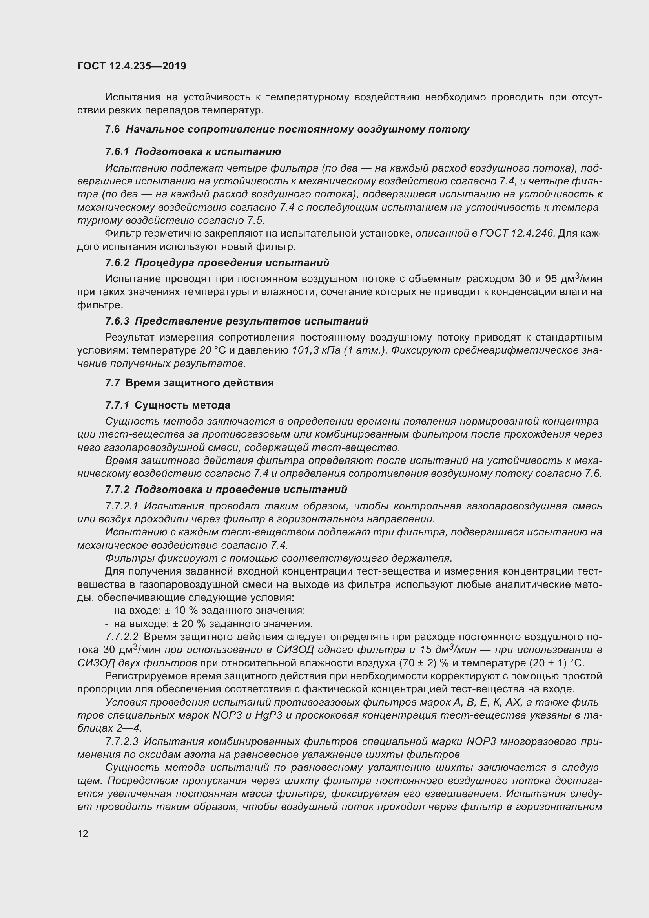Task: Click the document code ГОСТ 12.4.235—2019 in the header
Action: pos(131,66)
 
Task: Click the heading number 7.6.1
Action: pos(117,152)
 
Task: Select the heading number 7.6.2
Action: pos(117,263)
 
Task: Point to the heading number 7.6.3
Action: pos(117,321)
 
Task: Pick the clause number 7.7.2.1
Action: pos(122,506)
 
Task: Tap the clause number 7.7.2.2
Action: pos(122,637)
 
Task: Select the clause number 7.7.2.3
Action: pos(122,742)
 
